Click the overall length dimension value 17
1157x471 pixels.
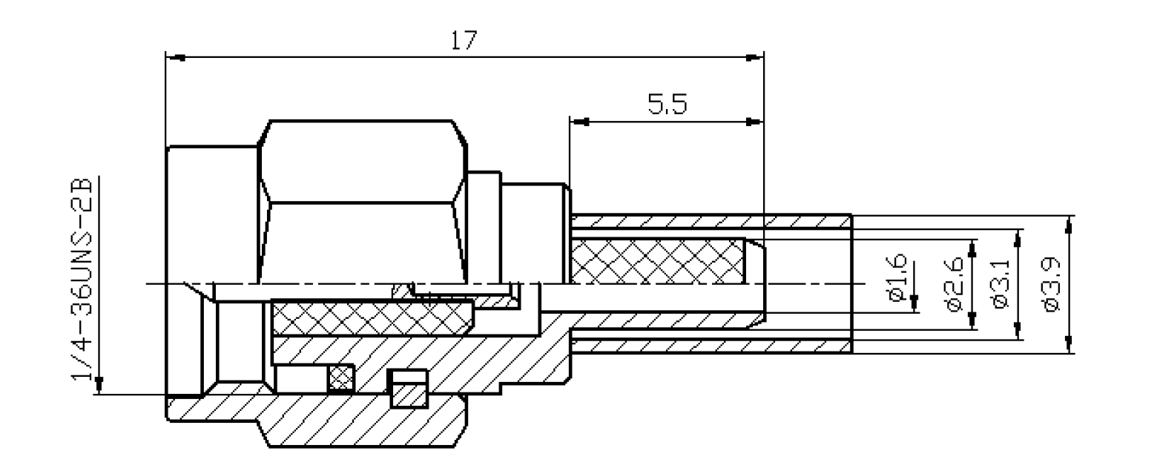[464, 42]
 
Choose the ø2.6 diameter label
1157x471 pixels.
[952, 284]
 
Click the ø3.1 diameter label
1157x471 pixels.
[1001, 284]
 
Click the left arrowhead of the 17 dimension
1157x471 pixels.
[174, 57]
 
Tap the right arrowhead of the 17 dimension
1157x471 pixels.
[754, 57]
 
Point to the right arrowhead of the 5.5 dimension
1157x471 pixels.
[754, 121]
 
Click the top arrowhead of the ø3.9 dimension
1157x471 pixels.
[1069, 223]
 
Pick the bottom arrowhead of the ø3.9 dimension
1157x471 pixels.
[1069, 345]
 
